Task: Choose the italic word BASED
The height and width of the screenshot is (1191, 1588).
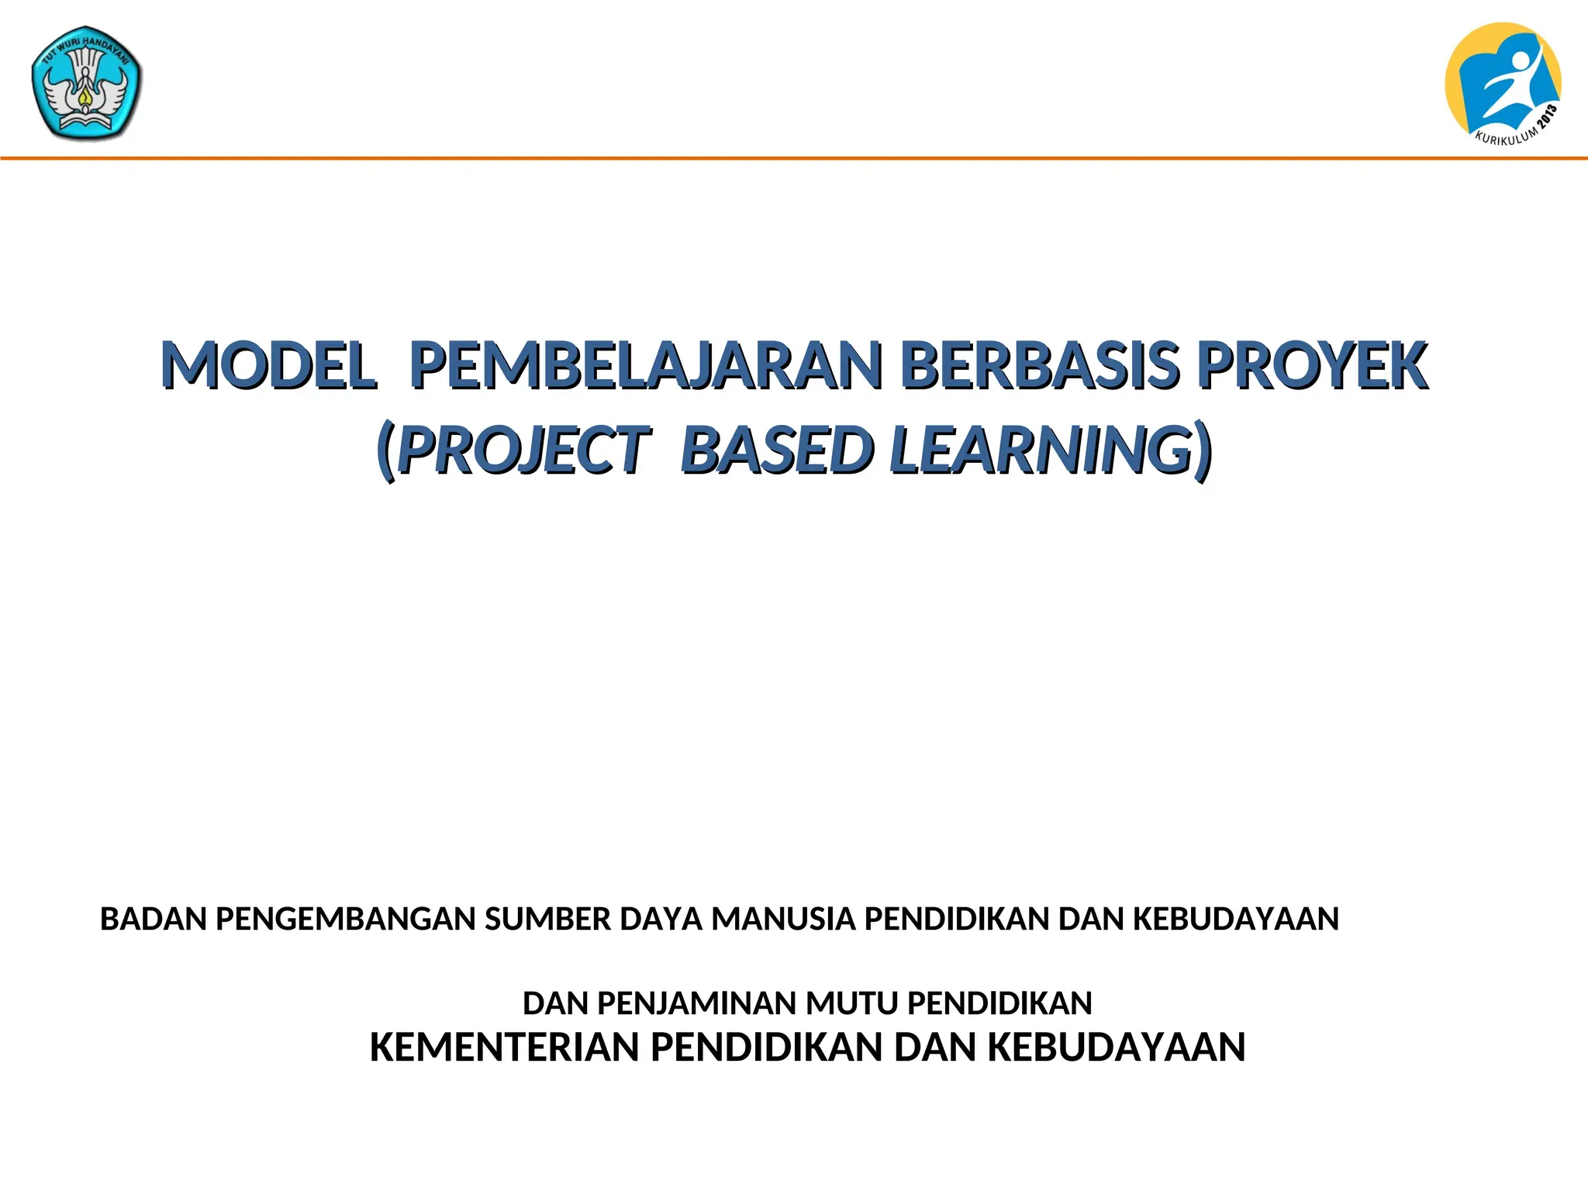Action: (776, 451)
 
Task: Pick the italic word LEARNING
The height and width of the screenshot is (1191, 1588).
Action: (1041, 451)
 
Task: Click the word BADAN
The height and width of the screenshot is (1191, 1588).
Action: (153, 920)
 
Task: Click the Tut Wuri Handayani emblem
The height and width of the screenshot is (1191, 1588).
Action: (87, 84)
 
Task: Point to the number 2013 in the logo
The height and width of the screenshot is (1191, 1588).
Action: (1548, 118)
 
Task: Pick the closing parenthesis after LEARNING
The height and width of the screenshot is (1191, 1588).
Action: (1203, 451)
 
